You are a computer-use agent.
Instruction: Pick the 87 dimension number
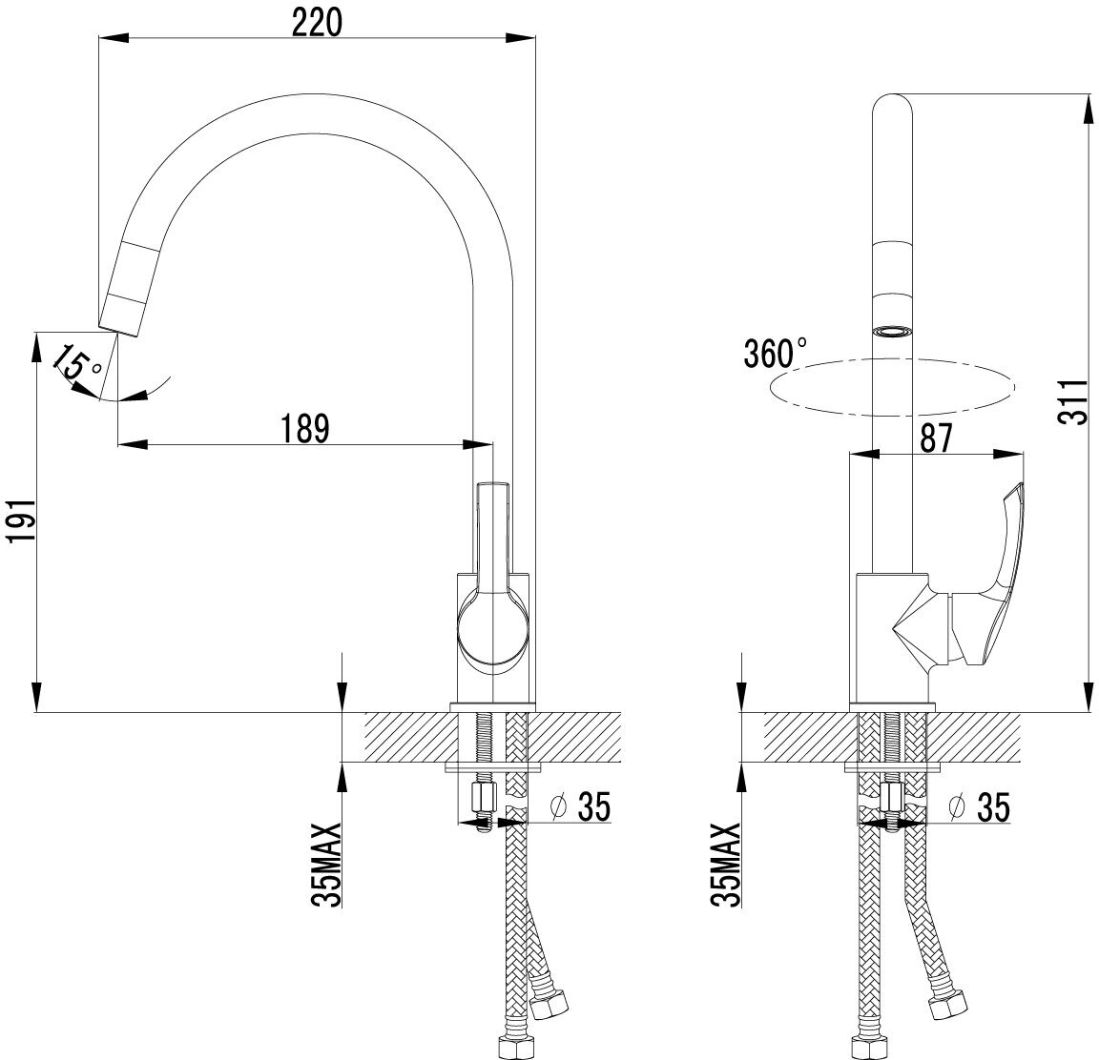[x=936, y=438]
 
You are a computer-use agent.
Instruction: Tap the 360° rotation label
[x=775, y=354]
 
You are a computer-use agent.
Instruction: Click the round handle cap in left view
[x=490, y=628]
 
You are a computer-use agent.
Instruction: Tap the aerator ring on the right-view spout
[x=893, y=332]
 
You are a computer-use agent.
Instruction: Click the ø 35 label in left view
[x=581, y=807]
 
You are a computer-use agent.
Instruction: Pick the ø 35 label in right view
[x=980, y=807]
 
